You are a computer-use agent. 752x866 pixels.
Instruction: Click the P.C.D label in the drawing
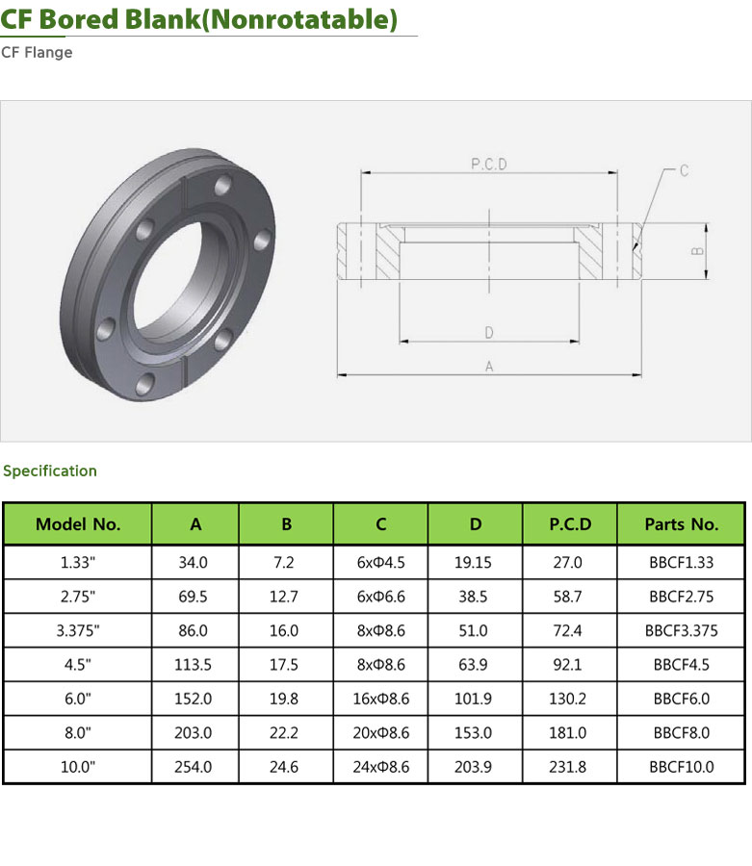coord(488,164)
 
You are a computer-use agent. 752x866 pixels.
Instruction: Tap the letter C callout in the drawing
coord(684,170)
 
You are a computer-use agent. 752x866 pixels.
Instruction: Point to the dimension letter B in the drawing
coord(697,251)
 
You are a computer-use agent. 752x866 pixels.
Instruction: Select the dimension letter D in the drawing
coord(489,333)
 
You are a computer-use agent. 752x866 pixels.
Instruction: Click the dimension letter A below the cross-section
coord(489,367)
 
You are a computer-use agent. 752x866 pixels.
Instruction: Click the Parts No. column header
coord(682,524)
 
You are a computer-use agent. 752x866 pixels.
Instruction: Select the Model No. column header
coord(78,524)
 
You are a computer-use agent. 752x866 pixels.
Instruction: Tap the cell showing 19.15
coord(473,562)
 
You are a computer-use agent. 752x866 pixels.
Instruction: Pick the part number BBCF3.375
coord(682,630)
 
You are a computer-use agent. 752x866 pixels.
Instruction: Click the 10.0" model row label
coord(78,767)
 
